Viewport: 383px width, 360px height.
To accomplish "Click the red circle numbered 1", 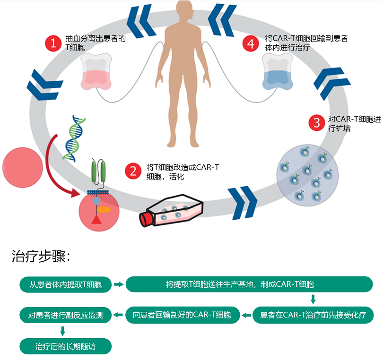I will tap(53, 43).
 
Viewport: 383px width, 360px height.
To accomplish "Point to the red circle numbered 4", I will tap(251, 43).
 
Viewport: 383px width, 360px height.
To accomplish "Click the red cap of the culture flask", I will tap(146, 219).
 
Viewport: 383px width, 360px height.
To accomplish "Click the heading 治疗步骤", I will tap(41, 257).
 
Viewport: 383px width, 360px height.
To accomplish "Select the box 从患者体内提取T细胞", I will tap(65, 284).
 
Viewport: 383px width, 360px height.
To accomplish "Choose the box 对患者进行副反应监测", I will tap(65, 315).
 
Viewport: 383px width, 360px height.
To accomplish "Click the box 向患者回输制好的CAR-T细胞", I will tap(182, 315).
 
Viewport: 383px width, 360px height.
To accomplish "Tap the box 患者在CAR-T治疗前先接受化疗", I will tap(313, 315).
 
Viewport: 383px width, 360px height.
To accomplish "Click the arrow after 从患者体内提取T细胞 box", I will tap(118, 284).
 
